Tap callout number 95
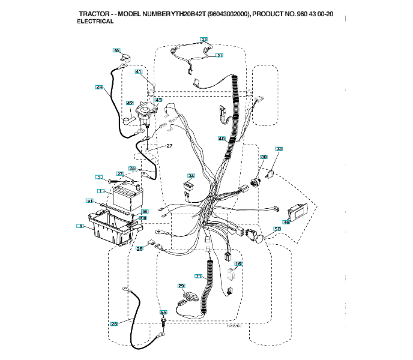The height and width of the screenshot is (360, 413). click(117, 50)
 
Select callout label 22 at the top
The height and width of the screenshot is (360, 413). click(204, 40)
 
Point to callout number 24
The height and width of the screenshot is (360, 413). click(99, 87)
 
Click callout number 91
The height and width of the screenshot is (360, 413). click(89, 200)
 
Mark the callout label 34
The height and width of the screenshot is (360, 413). click(191, 176)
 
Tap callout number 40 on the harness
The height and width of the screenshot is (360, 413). click(222, 139)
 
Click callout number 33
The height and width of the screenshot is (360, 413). click(279, 148)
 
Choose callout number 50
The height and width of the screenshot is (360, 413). click(277, 229)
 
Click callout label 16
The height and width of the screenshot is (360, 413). click(238, 264)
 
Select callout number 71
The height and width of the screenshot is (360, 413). click(198, 275)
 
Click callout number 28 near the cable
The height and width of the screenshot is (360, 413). click(114, 324)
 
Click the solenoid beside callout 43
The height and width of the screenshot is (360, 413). click(145, 111)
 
